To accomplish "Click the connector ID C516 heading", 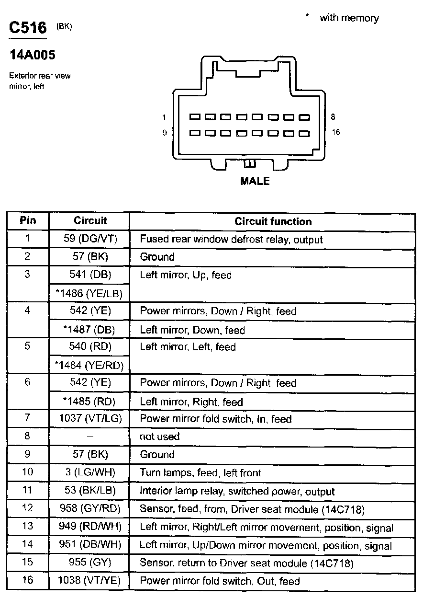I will click(28, 28).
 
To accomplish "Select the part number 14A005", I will click(33, 55).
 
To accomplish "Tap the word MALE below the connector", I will click(255, 181).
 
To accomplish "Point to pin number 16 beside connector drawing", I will click(335, 132).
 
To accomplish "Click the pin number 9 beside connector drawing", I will click(165, 133).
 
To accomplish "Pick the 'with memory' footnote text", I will click(349, 18).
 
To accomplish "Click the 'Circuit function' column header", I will click(273, 221).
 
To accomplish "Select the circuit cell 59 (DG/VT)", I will click(90, 239).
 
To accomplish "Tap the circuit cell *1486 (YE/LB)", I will click(89, 294).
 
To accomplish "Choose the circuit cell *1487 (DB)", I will click(89, 330).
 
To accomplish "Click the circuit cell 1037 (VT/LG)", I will click(90, 419).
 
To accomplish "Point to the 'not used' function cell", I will click(159, 437).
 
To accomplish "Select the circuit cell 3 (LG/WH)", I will click(90, 472).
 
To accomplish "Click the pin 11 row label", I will click(27, 491).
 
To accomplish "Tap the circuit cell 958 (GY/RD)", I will click(90, 509).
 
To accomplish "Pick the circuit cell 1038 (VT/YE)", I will click(89, 581).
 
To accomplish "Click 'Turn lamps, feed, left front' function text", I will click(200, 473).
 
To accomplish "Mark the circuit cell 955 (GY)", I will click(90, 563).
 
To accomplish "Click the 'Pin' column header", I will click(27, 221).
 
